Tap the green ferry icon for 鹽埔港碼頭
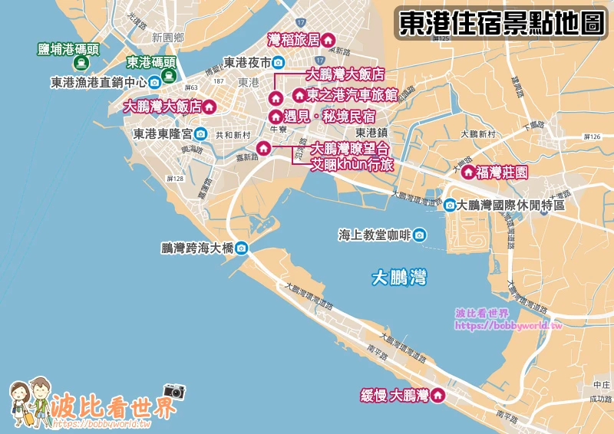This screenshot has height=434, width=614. tap(69, 67)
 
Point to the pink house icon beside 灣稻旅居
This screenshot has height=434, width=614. tap(328, 39)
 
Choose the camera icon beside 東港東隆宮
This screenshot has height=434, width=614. tap(200, 133)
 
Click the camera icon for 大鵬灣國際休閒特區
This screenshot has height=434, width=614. tap(450, 205)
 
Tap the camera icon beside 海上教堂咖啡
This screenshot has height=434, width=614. tap(419, 235)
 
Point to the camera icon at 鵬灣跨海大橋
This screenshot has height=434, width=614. tap(242, 248)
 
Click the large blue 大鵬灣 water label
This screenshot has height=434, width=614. tap(398, 277)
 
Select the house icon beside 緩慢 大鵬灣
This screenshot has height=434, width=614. tap(438, 396)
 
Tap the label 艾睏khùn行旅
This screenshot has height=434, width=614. tap(351, 164)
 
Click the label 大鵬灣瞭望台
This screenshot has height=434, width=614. tap(350, 149)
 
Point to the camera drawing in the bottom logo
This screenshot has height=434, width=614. tap(174, 391)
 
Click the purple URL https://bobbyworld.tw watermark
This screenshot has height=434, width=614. tap(509, 325)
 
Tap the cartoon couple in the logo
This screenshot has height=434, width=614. tap(29, 403)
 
